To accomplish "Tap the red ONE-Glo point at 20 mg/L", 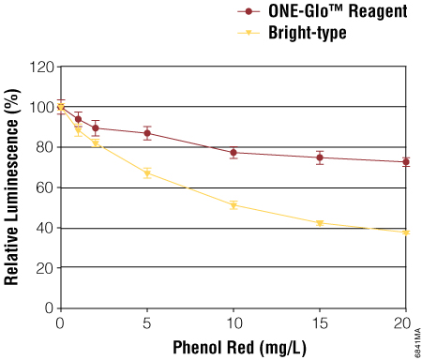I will pyautogui.click(x=406, y=162).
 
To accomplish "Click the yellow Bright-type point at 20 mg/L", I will pyautogui.click(x=406, y=232).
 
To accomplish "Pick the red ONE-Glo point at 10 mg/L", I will pyautogui.click(x=234, y=153).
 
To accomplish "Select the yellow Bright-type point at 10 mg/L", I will pyautogui.click(x=234, y=204).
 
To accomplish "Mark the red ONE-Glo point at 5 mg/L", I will pyautogui.click(x=147, y=133).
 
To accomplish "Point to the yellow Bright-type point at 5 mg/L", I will pyautogui.click(x=147, y=173).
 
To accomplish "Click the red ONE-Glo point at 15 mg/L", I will pyautogui.click(x=320, y=157).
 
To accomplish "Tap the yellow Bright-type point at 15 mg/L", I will pyautogui.click(x=320, y=223).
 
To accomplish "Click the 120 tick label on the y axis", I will pyautogui.click(x=40, y=67).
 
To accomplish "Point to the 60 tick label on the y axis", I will pyautogui.click(x=44, y=187).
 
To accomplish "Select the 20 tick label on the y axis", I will pyautogui.click(x=44, y=268).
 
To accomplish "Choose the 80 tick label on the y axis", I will pyautogui.click(x=44, y=147).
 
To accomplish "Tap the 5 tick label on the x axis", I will pyautogui.click(x=147, y=322).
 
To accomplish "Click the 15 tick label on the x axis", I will pyautogui.click(x=320, y=322).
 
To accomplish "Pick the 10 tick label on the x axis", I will pyautogui.click(x=234, y=322).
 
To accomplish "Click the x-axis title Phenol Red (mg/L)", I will pyautogui.click(x=234, y=347).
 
